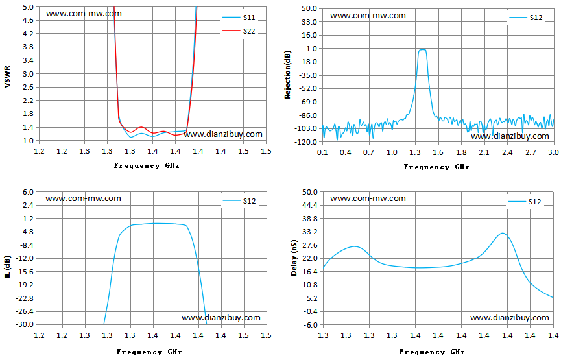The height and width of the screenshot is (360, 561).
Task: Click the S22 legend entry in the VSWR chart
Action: click(239, 31)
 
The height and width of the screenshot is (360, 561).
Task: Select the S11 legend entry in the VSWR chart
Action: click(239, 18)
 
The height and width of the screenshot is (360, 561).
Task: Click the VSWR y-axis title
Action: click(8, 77)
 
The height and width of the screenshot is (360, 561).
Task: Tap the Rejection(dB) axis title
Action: click(287, 75)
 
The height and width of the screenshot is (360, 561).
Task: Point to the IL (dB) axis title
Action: click(8, 265)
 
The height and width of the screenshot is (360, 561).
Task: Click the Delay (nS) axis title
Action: click(294, 258)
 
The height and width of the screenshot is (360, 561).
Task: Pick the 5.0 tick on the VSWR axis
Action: click(28, 6)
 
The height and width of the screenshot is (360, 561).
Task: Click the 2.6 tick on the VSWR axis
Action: click(28, 87)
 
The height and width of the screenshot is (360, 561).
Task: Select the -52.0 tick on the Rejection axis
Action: click(309, 88)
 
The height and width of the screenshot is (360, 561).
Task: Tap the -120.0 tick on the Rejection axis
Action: click(309, 142)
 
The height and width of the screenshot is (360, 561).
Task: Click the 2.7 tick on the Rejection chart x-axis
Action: click(531, 152)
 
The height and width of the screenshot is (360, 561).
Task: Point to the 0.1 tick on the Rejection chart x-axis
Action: click(323, 152)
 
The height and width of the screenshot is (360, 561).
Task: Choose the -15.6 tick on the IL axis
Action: click(25, 272)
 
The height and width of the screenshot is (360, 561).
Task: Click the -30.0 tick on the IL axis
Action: click(25, 324)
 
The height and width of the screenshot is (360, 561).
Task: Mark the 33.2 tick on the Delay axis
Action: click(311, 232)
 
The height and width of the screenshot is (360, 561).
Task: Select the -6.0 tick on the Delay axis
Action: click(311, 324)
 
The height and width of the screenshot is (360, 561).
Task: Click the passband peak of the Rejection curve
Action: click(423, 50)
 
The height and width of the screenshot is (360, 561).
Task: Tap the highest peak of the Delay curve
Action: click(503, 234)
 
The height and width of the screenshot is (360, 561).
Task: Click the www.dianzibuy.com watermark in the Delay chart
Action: click(510, 318)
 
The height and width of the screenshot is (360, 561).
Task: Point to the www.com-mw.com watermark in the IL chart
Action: click(84, 198)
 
